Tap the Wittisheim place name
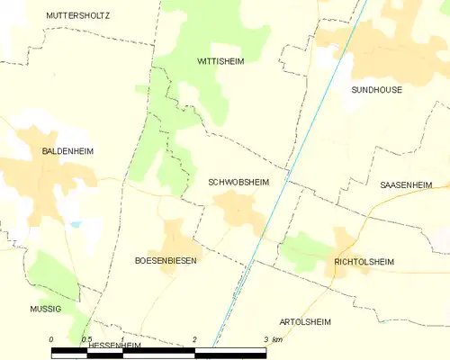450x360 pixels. [220, 61]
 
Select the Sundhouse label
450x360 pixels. [376, 90]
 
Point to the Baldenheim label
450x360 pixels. [67, 151]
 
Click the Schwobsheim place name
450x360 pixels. [238, 181]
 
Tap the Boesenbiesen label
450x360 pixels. [166, 260]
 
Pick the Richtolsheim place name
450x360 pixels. [364, 262]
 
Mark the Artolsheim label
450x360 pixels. [305, 321]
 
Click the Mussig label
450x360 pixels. [44, 308]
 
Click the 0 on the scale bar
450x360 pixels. [51, 339]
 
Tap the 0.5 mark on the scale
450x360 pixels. [85, 339]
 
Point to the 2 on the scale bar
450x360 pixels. [194, 339]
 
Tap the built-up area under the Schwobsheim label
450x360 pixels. [239, 212]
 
